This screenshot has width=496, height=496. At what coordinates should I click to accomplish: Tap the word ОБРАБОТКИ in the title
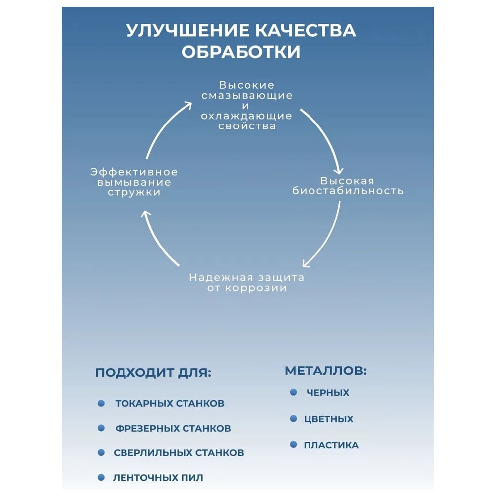tap(241, 52)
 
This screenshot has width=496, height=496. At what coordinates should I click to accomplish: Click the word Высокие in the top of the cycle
tap(247, 85)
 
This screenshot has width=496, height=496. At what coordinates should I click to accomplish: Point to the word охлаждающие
tap(247, 116)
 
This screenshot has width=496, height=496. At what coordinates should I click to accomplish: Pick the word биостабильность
tap(347, 191)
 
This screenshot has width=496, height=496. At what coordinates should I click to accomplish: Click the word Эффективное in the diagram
tap(134, 172)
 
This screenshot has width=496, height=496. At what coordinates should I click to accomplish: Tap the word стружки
tap(134, 192)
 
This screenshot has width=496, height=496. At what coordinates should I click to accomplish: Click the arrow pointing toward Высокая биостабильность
tap(325, 136)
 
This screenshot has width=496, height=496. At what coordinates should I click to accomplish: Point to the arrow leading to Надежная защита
tap(327, 238)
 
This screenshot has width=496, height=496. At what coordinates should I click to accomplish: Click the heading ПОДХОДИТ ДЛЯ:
tap(153, 373)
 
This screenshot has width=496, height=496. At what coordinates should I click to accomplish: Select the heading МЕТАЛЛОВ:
tap(325, 371)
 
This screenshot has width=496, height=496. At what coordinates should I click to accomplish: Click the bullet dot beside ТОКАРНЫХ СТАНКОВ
tap(101, 403)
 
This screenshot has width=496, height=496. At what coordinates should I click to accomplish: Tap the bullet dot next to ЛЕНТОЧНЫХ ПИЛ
tap(101, 477)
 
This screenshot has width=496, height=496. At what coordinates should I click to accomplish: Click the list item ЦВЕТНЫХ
tap(328, 419)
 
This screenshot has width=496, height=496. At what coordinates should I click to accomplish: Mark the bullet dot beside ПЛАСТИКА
tap(293, 445)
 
